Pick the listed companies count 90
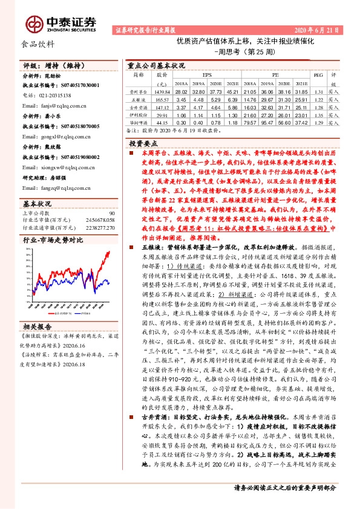[x=112, y=196]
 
